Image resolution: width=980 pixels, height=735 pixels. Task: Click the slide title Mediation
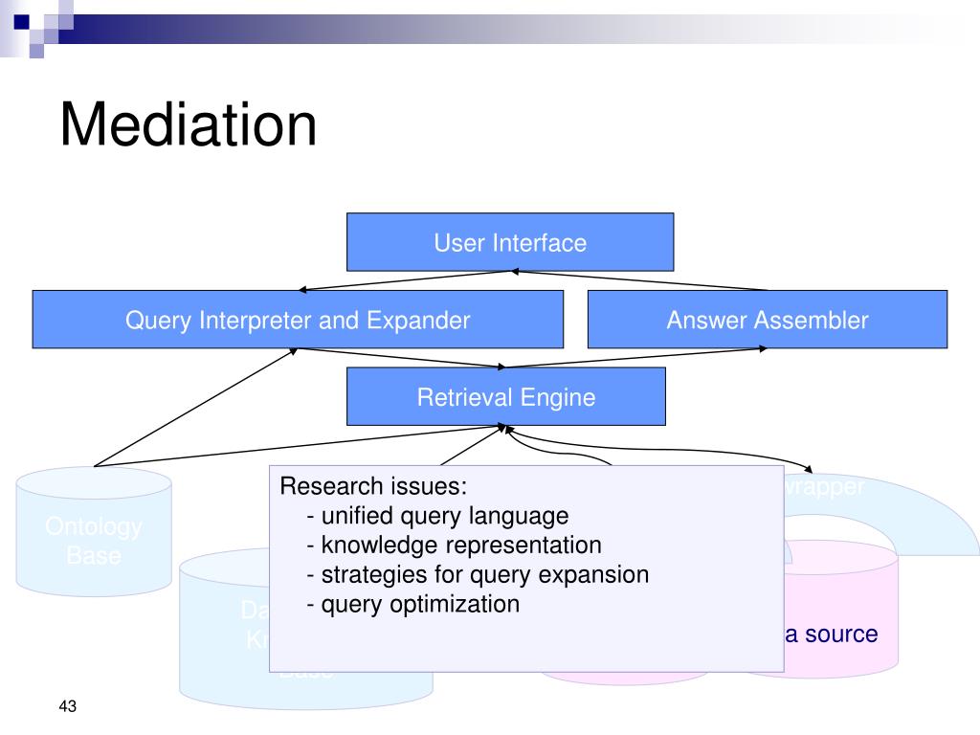[x=188, y=124]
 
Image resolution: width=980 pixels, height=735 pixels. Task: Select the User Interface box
[x=509, y=242]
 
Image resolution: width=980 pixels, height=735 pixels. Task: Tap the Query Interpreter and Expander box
[x=298, y=320]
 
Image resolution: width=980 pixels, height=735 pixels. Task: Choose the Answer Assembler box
[x=767, y=320]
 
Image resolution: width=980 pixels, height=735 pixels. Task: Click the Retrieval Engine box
[x=505, y=397]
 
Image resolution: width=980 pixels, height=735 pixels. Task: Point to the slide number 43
[x=67, y=707]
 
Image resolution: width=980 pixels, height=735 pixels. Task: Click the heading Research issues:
[x=373, y=486]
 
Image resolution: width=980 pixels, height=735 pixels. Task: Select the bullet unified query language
[x=437, y=516]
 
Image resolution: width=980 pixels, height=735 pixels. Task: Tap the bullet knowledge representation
[x=454, y=546]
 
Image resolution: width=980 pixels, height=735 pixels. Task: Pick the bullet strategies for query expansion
[x=478, y=575]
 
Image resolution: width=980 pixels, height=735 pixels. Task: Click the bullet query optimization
[x=413, y=605]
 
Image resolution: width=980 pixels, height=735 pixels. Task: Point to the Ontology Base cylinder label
[x=94, y=540]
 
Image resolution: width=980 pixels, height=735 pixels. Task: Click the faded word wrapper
[x=824, y=486]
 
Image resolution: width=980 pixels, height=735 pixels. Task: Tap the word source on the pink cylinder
[x=841, y=634]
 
